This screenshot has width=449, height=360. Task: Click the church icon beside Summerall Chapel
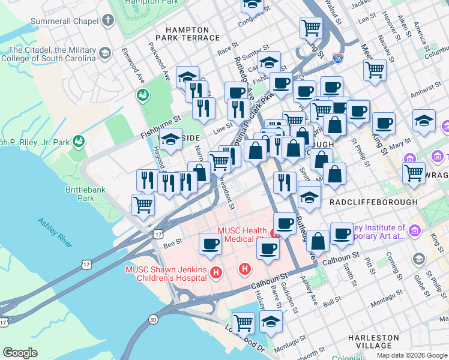[108, 22]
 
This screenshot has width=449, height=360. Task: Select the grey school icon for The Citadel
[105, 54]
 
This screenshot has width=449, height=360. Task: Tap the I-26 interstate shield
[337, 58]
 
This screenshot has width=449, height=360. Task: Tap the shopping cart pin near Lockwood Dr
[244, 323]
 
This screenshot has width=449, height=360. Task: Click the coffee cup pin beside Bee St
[210, 243]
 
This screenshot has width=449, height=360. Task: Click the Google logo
[20, 352]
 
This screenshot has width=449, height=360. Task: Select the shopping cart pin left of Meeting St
[375, 68]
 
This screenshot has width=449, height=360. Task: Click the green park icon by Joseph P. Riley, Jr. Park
[78, 142]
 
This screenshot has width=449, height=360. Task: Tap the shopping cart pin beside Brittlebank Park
[143, 205]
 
